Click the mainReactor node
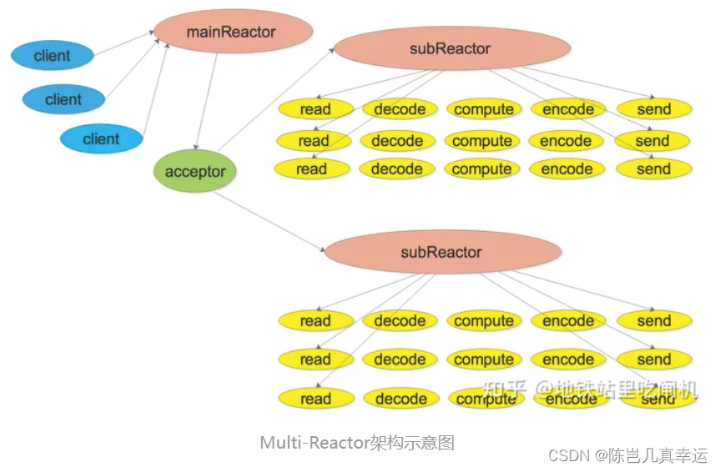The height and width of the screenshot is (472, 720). [x=233, y=33]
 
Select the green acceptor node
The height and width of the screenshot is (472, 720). [x=195, y=172]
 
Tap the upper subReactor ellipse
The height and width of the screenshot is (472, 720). [x=451, y=48]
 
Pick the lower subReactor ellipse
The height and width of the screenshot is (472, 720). [x=441, y=252]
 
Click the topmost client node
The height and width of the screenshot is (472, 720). [x=52, y=56]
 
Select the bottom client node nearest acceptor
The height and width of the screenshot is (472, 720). [x=101, y=138]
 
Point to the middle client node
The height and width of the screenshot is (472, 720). [x=63, y=99]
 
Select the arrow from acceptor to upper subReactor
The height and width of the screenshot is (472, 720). [x=275, y=104]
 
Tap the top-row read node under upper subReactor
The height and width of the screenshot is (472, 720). [x=315, y=109]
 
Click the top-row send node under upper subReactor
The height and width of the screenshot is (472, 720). [x=653, y=109]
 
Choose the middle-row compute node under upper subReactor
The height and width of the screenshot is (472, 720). [x=482, y=141]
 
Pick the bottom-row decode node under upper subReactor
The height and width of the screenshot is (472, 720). [x=397, y=169]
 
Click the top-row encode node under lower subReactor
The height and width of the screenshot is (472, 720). [x=568, y=321]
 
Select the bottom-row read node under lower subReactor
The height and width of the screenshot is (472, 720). [x=315, y=399]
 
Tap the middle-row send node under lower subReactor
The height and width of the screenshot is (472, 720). [x=653, y=359]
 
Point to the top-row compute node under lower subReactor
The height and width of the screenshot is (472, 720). [x=484, y=321]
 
